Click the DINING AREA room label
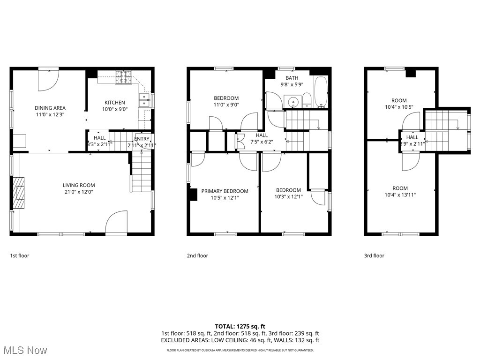(50, 108)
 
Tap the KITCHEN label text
(114, 102)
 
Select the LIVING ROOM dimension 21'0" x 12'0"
(79, 192)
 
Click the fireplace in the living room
(19, 192)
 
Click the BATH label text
(292, 78)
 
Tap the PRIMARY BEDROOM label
(225, 191)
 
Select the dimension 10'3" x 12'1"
(288, 197)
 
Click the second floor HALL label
(262, 135)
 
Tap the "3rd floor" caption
(374, 255)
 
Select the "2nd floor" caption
(197, 255)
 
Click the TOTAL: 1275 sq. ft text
(240, 326)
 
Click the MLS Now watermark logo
(24, 350)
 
